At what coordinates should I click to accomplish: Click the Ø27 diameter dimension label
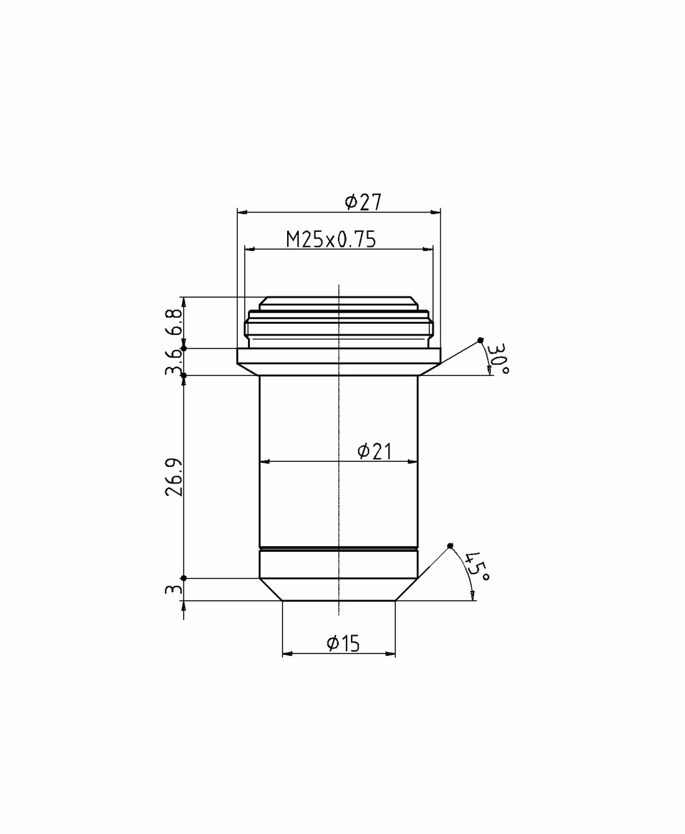coord(363,202)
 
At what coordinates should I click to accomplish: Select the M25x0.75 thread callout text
coord(331,240)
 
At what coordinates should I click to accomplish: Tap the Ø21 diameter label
coord(374,451)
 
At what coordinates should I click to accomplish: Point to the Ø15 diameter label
coord(343,643)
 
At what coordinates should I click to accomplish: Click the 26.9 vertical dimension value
coord(175,478)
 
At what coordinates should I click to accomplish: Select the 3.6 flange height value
coord(175,362)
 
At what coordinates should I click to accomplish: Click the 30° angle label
coord(497,358)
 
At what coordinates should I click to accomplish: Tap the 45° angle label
coord(477,566)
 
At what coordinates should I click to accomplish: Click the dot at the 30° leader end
coord(481,340)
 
